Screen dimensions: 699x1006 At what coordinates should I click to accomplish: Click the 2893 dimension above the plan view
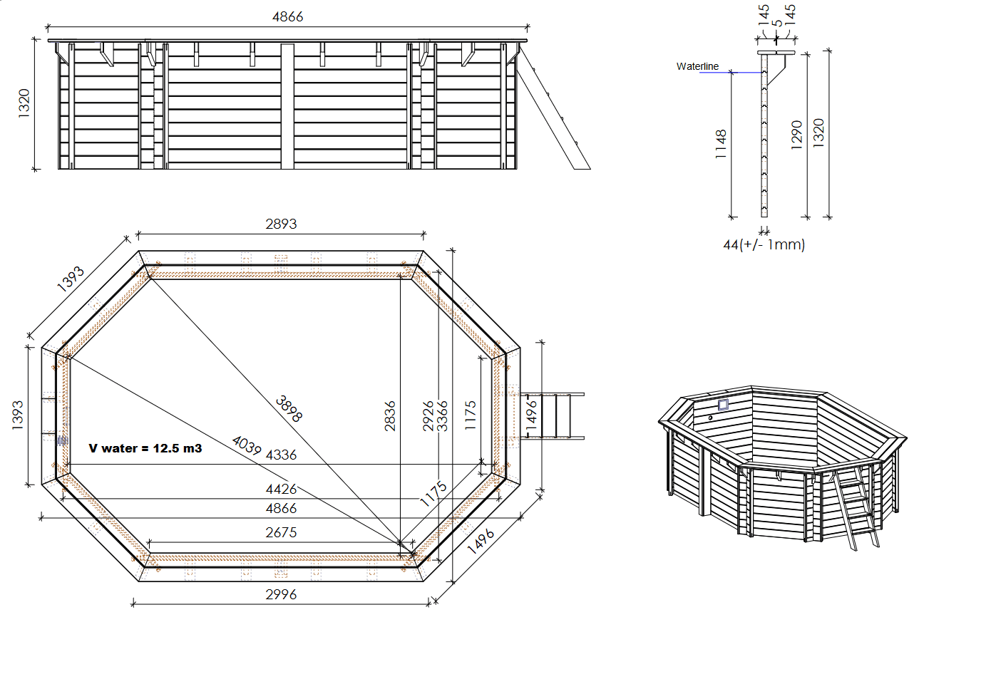[x=281, y=224]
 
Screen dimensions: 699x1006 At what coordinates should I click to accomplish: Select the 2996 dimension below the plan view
[x=281, y=594]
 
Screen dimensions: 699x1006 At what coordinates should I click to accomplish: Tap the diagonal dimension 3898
[x=289, y=409]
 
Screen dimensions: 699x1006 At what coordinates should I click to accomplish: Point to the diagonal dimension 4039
[x=247, y=445]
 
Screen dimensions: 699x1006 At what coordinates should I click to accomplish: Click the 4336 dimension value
[x=281, y=455]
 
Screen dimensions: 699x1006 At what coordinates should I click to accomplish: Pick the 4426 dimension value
[x=281, y=489]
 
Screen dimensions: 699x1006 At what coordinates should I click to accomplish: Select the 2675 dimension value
[x=281, y=532]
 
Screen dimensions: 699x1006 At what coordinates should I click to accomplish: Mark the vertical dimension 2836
[x=390, y=415]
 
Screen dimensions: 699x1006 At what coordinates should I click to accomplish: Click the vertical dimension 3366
[x=443, y=415]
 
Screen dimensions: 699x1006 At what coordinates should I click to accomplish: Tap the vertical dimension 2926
[x=428, y=415]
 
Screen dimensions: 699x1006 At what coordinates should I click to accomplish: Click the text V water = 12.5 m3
[x=145, y=448]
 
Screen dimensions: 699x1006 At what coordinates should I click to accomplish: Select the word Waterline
[x=697, y=66]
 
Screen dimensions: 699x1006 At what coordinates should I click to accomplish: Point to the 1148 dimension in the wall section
[x=721, y=144]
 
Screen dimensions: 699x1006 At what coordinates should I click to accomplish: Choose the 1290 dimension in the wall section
[x=797, y=135]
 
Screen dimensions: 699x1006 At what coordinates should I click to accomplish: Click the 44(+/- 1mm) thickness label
[x=764, y=245]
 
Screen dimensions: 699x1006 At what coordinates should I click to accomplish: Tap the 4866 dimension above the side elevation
[x=287, y=16]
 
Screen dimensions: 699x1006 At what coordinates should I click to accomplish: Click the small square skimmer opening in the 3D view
[x=723, y=405]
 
